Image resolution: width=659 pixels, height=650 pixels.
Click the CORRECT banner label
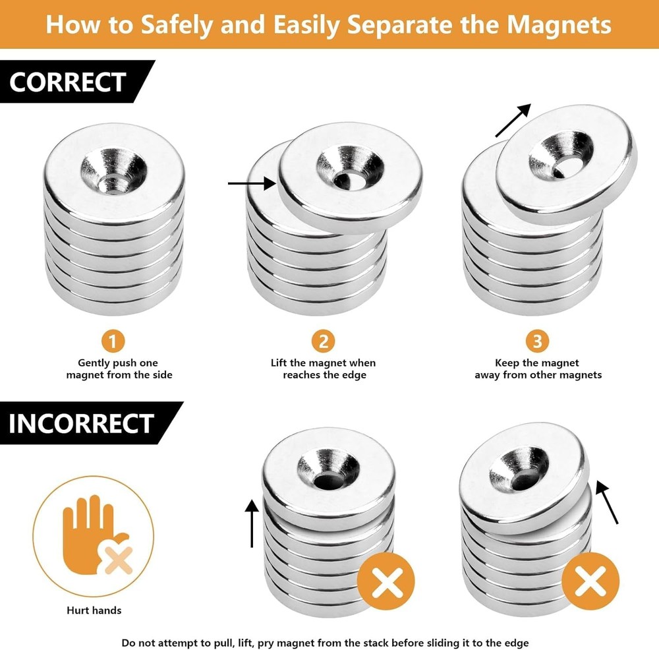(x=68, y=82)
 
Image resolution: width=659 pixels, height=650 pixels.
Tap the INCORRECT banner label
(x=81, y=423)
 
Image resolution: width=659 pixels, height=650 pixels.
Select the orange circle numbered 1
(x=113, y=341)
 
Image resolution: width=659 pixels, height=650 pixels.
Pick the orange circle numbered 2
(x=324, y=341)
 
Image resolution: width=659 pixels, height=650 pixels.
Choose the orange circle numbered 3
(x=538, y=341)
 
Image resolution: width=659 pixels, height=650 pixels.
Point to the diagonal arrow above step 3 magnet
(x=513, y=120)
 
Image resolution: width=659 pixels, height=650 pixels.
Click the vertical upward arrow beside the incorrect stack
(x=251, y=523)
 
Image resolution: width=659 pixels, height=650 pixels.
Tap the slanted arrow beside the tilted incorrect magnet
(x=607, y=502)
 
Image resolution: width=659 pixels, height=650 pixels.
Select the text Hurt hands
(x=94, y=610)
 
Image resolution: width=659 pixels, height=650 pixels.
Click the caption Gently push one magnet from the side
(x=119, y=369)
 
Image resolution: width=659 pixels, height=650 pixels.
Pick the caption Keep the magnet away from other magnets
(x=538, y=369)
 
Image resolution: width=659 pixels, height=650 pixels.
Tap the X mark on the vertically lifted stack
(x=386, y=582)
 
